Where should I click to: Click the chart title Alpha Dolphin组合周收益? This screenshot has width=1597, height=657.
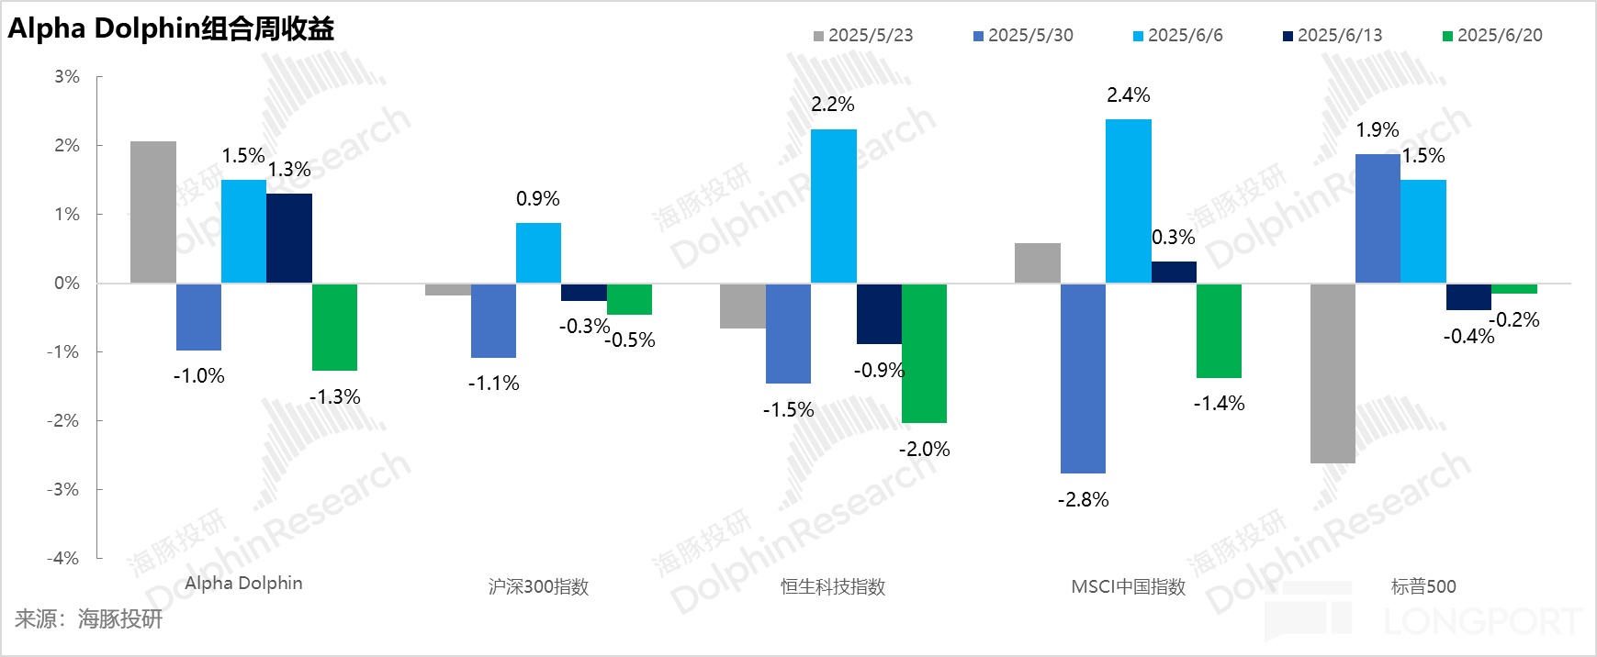pos(171,28)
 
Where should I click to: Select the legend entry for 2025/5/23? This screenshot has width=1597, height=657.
pos(863,36)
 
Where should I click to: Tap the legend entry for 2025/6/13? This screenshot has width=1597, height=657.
pos(1332,36)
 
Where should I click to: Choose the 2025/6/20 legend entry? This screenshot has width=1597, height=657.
pos(1492,36)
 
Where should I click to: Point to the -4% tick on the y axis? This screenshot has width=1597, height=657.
pos(63,558)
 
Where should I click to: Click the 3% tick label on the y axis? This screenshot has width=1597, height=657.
pos(67,77)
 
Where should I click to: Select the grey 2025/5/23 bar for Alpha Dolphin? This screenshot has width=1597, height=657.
pos(153,212)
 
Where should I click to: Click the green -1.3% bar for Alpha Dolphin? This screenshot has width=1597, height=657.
pos(334,327)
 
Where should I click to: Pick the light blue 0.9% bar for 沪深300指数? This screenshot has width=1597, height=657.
pos(538,252)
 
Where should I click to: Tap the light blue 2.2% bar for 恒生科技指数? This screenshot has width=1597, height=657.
pos(834,206)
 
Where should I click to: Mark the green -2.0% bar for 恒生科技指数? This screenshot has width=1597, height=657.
pos(924,353)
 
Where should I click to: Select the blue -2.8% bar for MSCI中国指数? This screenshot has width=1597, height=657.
pos(1083,378)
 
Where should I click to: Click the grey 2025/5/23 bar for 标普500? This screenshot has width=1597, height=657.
pos(1333,373)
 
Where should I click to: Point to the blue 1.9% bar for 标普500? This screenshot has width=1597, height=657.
pos(1378,218)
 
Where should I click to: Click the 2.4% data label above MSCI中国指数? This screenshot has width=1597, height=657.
pos(1128,95)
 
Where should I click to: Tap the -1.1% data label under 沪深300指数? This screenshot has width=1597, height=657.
pos(493,384)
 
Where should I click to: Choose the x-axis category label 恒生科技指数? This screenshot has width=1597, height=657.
pos(833,587)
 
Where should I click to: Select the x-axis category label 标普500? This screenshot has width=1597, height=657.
pos(1423,587)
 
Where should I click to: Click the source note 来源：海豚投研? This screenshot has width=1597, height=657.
pos(88,619)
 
